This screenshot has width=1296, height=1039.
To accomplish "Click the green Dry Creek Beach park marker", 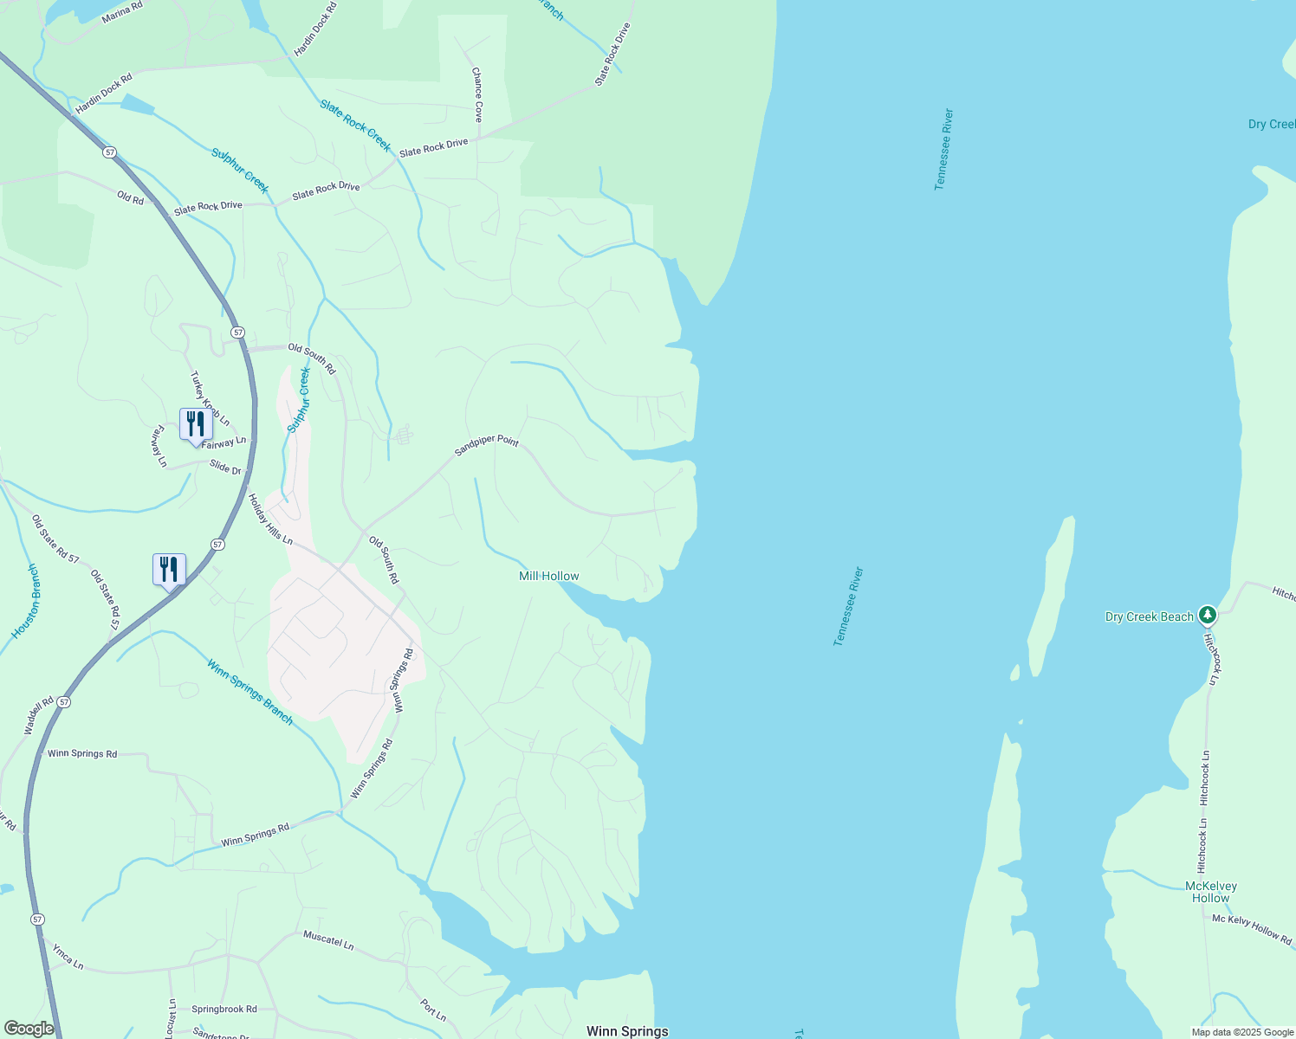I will tap(1208, 616).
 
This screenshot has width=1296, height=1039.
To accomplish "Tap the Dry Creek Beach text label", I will tap(1149, 617).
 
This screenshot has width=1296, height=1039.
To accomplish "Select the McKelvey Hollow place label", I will tap(1210, 892).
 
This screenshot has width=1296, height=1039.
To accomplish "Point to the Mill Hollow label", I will tap(548, 576).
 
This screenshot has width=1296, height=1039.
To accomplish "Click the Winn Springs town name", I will tap(627, 1031).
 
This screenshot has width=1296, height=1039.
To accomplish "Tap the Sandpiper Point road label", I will tap(487, 445).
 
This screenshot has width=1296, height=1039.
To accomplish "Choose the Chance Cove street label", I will tap(476, 94).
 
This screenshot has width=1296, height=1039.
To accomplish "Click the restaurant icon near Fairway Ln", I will tap(195, 424).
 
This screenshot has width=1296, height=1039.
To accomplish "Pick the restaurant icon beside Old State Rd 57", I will tap(169, 570).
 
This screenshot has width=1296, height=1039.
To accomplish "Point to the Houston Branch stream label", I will tap(26, 602).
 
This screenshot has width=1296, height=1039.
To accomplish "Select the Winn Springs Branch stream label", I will tap(249, 691).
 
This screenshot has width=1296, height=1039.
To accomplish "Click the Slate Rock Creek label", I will tap(355, 125).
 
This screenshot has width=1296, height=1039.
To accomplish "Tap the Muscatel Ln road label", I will tap(328, 940).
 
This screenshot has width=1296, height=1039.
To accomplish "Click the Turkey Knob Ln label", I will tap(210, 398).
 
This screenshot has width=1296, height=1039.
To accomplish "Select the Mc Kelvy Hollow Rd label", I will tap(1251, 929).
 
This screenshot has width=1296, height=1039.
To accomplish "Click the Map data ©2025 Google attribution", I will tap(1241, 1032).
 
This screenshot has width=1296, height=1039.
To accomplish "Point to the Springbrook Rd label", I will tap(224, 1009).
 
